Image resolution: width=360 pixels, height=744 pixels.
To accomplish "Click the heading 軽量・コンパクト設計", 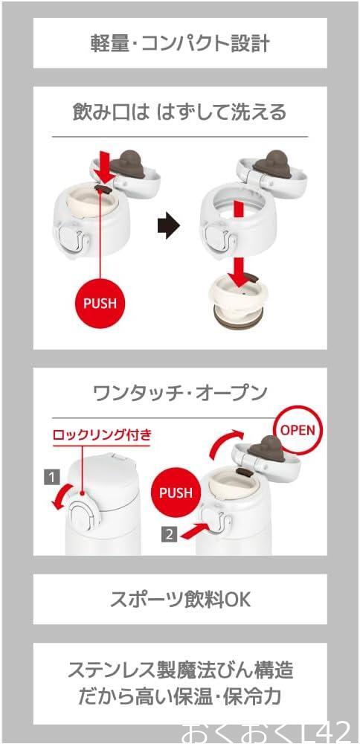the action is [180, 44].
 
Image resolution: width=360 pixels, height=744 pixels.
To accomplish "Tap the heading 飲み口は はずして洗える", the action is [179, 113].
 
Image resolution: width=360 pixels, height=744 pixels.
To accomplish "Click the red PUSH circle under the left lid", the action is [100, 304].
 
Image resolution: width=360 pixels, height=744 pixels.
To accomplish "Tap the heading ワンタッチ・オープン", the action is [180, 393].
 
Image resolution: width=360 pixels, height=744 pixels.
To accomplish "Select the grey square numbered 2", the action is [169, 534].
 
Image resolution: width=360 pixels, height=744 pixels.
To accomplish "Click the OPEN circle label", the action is [298, 429].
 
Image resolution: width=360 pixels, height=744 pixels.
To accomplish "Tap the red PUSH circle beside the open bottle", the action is [176, 493].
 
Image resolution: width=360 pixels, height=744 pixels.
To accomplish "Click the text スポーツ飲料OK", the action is [180, 600].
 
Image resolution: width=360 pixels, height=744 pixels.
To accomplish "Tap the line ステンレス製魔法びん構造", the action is [180, 671].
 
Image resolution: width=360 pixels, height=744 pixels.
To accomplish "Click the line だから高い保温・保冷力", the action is [180, 697].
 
